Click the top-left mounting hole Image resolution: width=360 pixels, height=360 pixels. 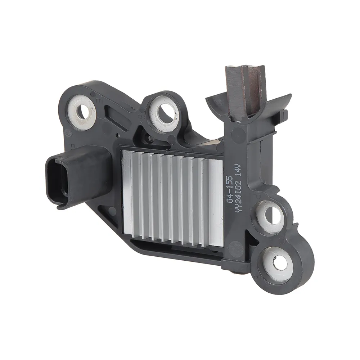82,112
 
